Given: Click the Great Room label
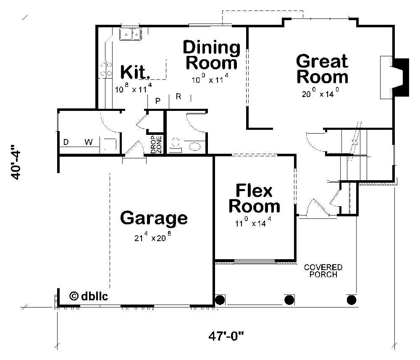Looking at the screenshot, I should (x=322, y=69).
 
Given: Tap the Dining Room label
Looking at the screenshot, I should (x=212, y=55).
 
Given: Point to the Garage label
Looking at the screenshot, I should (x=154, y=218).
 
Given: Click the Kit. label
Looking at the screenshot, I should (x=135, y=72).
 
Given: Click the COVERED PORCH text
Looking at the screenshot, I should (x=323, y=271).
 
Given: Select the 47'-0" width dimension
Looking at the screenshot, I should (x=226, y=336).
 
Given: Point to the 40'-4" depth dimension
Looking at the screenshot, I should (x=16, y=163).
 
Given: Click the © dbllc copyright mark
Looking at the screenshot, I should (x=89, y=296).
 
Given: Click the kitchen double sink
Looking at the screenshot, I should (x=131, y=34).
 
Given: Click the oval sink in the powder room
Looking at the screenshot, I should (x=195, y=147).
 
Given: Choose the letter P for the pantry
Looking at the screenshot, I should (x=158, y=100).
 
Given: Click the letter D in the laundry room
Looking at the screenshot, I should (x=66, y=142).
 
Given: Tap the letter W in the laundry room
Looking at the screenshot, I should (x=89, y=142).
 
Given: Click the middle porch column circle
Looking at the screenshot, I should (x=289, y=300).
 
